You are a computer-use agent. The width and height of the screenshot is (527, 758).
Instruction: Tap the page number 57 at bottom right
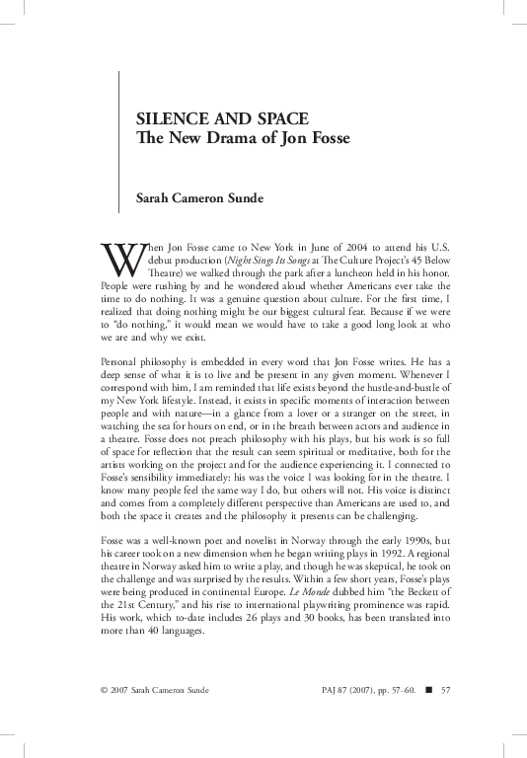pyautogui.click(x=445, y=716)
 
